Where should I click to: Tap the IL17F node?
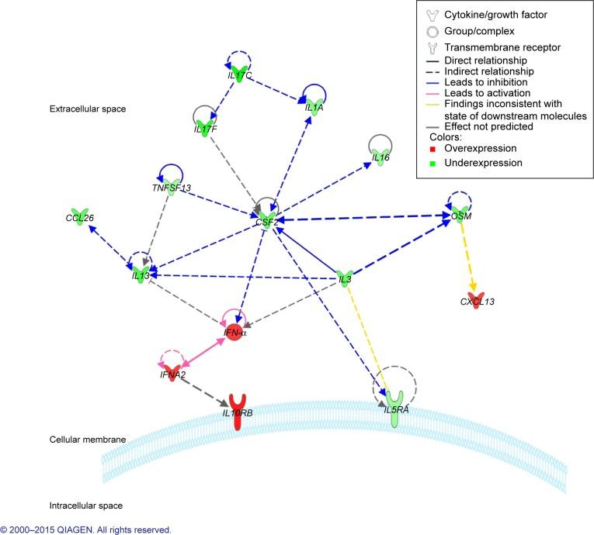(205, 125)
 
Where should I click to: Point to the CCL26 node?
(78, 216)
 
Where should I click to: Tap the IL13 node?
(141, 273)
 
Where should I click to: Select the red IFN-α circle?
(236, 334)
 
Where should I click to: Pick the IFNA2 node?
(172, 374)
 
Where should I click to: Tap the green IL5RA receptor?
(396, 407)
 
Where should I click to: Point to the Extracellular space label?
(88, 109)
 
